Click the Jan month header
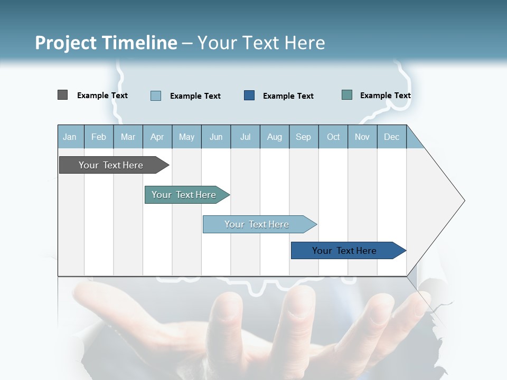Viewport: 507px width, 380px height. coord(70,137)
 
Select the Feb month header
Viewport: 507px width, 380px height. coord(99,137)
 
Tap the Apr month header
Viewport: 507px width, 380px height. coord(157,137)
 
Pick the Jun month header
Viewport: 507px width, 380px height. coord(216,137)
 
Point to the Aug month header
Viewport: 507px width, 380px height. coord(275,137)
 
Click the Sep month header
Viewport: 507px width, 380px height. coord(304,137)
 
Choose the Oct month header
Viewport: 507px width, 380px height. coord(333,137)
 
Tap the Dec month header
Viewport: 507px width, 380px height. coord(392,137)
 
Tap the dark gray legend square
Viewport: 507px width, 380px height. coord(63,95)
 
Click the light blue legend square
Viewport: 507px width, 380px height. coord(156,96)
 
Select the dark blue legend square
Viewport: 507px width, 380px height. coord(249,96)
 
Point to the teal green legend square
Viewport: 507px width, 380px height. coord(347,95)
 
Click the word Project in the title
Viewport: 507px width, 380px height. coord(64,43)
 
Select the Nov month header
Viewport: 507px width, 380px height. coord(362,137)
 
